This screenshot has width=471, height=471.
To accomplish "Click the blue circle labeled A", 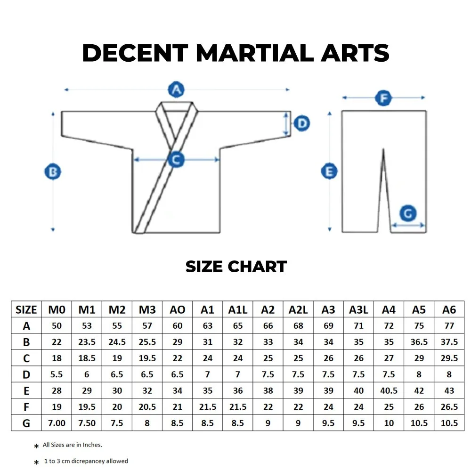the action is click(176, 89).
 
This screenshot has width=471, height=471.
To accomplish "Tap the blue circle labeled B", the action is click(53, 172).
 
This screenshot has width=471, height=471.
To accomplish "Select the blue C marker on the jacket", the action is click(176, 160).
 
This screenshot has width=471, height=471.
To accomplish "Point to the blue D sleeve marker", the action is click(301, 124).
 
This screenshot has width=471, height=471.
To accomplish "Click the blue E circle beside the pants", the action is click(329, 171).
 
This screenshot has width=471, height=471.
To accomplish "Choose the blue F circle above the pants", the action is click(384, 98).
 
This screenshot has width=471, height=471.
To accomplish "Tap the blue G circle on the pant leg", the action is click(408, 213).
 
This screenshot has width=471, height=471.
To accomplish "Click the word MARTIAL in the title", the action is click(252, 53).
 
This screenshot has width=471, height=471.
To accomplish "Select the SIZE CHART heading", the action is click(236, 267).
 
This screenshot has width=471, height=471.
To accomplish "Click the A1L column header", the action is click(238, 309).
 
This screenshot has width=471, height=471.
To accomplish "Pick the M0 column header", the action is click(57, 309).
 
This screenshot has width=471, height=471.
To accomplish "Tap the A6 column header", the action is click(449, 309).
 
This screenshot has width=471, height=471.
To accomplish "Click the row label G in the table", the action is click(26, 423).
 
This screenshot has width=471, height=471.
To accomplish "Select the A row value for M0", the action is click(57, 326).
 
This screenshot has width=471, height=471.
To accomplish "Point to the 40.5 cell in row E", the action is click(389, 390).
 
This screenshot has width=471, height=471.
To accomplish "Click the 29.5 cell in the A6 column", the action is click(449, 358).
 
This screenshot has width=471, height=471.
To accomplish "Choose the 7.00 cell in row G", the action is click(57, 423).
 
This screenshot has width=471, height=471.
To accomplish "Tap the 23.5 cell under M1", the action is click(87, 342).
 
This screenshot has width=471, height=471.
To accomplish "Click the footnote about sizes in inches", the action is click(73, 445).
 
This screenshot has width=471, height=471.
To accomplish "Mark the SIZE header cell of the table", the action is click(26, 309).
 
